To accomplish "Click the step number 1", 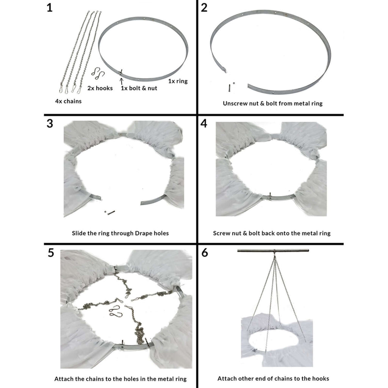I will [50, 8].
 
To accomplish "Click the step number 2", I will [204, 8].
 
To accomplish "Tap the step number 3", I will [50, 124].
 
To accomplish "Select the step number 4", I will [204, 124].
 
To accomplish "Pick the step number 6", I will [205, 253].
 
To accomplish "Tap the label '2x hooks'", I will [100, 88].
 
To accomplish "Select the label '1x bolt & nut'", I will [139, 88].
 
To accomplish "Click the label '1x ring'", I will [178, 81].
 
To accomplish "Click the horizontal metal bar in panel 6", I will [273, 250].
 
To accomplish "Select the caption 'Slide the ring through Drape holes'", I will [120, 233].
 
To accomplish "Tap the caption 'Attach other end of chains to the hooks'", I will [273, 378].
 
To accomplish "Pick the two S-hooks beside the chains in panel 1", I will [99, 73].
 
